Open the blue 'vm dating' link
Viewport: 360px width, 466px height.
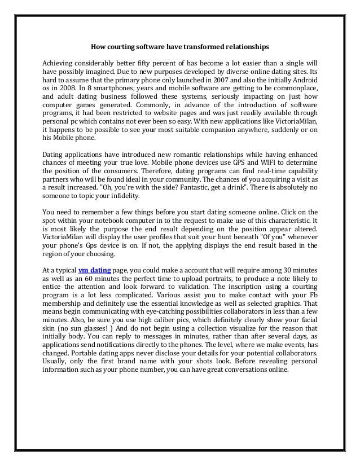[94, 270]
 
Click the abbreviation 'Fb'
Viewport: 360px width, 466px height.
[312, 297]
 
